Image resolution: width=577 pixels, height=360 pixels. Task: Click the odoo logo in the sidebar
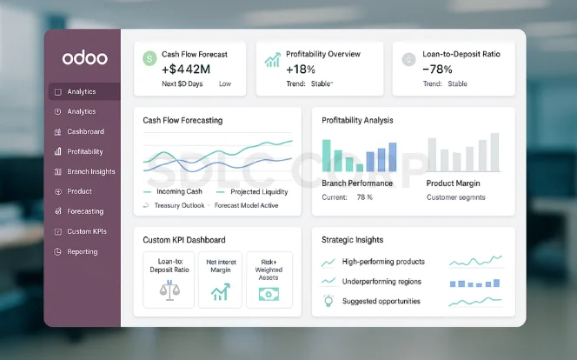pos(84,58)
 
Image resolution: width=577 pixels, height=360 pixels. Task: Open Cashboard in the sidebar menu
pos(85,131)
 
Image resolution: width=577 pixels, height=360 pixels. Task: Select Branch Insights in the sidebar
pos(90,171)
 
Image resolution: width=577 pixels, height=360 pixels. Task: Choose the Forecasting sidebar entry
pos(85,211)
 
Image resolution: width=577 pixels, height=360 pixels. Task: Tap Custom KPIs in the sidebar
pos(87,231)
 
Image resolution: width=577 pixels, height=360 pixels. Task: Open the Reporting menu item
pos(83,251)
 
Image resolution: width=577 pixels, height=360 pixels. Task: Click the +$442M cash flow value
pos(185,69)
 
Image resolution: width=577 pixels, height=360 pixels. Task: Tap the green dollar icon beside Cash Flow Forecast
pos(149,58)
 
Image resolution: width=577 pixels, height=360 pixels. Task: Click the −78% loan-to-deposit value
pos(437,69)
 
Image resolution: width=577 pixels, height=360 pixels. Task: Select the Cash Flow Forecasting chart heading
pos(182,120)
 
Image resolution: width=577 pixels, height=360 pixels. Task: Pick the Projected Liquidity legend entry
pos(259,191)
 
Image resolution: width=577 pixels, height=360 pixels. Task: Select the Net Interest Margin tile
pos(220,279)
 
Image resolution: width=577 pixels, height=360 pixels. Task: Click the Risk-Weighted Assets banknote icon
pos(269,293)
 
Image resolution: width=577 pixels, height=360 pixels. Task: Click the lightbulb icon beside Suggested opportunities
pos(328,301)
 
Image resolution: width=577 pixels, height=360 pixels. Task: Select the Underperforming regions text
pos(381,281)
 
